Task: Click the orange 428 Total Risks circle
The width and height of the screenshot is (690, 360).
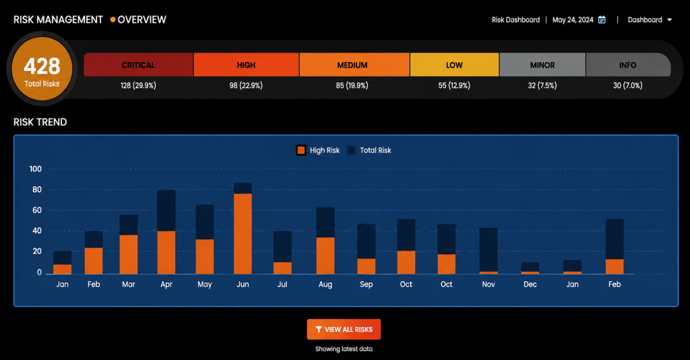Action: tap(42, 69)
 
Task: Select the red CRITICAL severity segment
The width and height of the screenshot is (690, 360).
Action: tap(138, 65)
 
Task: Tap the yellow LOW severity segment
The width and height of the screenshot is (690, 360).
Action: tap(455, 65)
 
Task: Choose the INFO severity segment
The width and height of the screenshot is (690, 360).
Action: tap(629, 65)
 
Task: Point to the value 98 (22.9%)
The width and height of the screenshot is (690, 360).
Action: tap(246, 86)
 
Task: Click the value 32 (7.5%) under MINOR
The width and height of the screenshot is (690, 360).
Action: tap(542, 86)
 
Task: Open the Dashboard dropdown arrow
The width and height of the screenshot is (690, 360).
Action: tap(669, 20)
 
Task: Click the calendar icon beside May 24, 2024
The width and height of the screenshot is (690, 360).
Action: tap(602, 20)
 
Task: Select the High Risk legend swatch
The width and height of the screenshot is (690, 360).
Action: tap(301, 150)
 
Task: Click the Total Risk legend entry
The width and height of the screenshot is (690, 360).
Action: tap(369, 150)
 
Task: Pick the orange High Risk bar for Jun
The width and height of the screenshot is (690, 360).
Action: tap(243, 234)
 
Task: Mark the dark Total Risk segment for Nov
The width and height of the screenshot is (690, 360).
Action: tap(489, 249)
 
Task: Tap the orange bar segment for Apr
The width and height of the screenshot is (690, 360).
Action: tap(166, 253)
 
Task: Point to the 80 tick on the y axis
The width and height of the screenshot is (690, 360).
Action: tap(37, 189)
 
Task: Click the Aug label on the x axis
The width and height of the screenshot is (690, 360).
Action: tap(325, 284)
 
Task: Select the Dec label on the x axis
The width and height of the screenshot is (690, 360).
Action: tap(530, 284)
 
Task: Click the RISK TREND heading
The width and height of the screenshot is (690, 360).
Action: tap(40, 122)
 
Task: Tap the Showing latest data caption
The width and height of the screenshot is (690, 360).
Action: tap(344, 349)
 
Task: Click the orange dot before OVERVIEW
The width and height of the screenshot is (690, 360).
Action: tap(113, 20)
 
